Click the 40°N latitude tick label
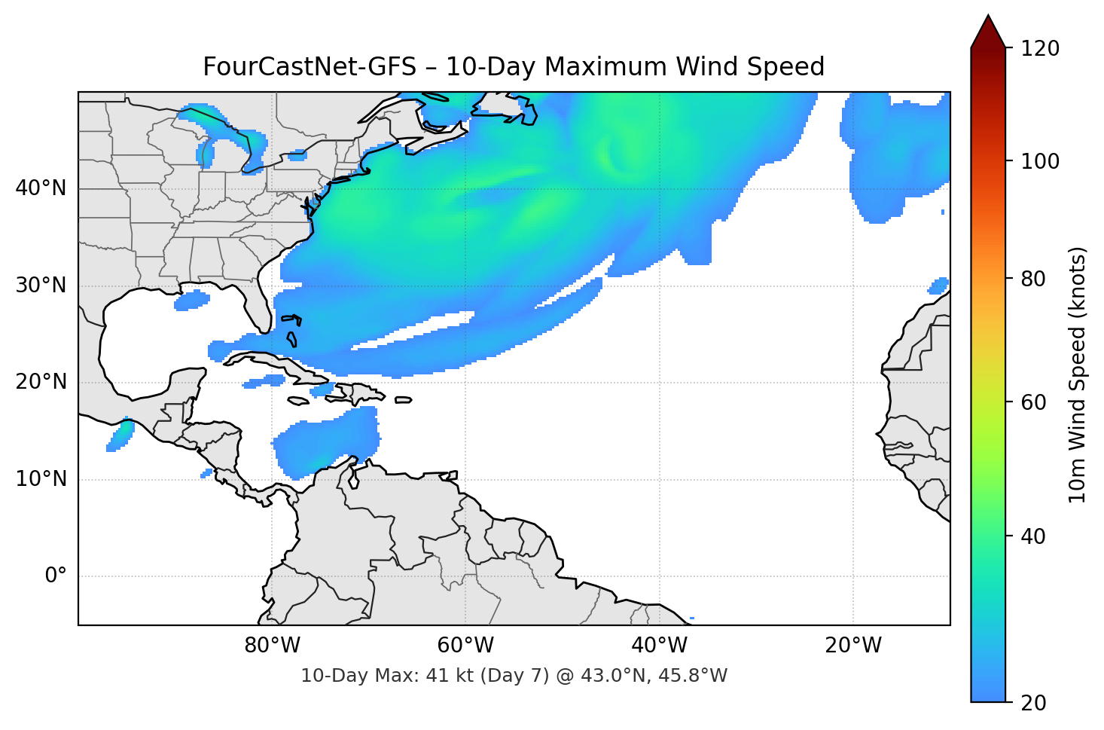pyautogui.click(x=41, y=188)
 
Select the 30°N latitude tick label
pyautogui.click(x=41, y=286)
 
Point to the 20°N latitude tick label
pyautogui.click(x=41, y=382)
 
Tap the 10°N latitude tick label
pyautogui.click(x=41, y=479)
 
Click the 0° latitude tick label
pyautogui.click(x=56, y=576)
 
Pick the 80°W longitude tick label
pyautogui.click(x=272, y=646)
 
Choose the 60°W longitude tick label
pyautogui.click(x=465, y=646)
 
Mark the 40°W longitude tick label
pyautogui.click(x=659, y=646)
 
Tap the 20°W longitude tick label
pyautogui.click(x=852, y=646)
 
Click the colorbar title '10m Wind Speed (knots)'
pyautogui.click(x=1078, y=375)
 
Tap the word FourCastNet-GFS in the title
pyautogui.click(x=309, y=67)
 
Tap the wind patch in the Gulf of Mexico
pyautogui.click(x=191, y=301)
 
